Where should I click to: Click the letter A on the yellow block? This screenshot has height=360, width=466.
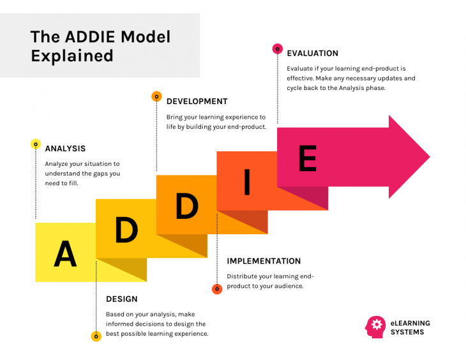pos(65,255)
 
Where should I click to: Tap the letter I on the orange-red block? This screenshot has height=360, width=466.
pos(247,185)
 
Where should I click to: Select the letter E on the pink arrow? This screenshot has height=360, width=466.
pos(307,158)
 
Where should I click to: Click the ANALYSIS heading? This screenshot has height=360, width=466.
pos(65,149)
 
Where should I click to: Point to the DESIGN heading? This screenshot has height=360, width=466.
pos(121,299)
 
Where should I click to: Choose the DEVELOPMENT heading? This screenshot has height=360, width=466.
pos(197,101)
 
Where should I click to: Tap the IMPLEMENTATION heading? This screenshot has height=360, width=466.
pos(264,261)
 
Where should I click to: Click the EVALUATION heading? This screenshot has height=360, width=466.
pos(312,54)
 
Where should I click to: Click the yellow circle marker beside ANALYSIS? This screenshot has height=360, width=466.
pos(36,144)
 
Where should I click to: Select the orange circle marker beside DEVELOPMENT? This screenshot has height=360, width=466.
pos(156,96)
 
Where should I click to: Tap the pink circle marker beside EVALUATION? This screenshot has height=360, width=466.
pos(277,49)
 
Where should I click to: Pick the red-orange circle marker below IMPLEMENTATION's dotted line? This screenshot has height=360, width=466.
pos(217,289)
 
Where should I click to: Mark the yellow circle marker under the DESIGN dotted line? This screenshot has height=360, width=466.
pos(96,336)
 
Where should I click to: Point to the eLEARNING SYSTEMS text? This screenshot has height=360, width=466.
pos(410,327)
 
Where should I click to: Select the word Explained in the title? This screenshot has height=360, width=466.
pos(71,56)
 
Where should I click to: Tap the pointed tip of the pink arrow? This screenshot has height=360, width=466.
pos(429,157)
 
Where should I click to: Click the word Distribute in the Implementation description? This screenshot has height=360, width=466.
pos(243,276)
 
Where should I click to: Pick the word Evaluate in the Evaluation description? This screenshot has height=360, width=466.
pos(302,68)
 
